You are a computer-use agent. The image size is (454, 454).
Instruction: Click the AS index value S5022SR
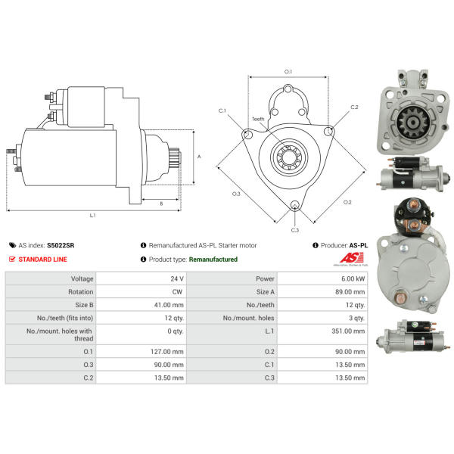coord(61,245)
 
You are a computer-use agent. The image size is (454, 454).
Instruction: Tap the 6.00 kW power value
coord(353,278)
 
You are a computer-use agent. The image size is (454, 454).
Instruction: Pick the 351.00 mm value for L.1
coord(348,331)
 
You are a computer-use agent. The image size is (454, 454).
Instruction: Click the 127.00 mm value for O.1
coord(167,352)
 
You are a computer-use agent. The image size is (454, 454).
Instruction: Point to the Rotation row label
coord(81,292)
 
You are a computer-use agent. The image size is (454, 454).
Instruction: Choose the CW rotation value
coord(177,292)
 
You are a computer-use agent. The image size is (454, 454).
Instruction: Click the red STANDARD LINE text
coord(42,260)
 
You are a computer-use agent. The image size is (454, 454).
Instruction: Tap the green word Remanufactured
coord(213,260)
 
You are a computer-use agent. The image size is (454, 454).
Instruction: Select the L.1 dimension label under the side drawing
coord(92,215)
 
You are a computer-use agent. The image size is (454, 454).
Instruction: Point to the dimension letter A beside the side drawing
coord(199,157)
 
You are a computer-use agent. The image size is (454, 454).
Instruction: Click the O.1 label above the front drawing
coord(288,72)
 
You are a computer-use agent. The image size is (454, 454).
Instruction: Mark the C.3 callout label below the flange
coord(295,230)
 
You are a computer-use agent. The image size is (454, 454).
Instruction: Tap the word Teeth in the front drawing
coord(258,119)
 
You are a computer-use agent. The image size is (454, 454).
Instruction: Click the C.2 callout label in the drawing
coord(354,107)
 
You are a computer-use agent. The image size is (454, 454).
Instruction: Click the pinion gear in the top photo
coord(412,123)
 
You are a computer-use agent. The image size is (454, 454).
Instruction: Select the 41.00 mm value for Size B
coord(169,305)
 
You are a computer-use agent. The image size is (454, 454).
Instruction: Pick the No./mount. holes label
coord(248,318)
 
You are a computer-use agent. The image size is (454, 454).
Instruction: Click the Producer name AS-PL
coord(359,245)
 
